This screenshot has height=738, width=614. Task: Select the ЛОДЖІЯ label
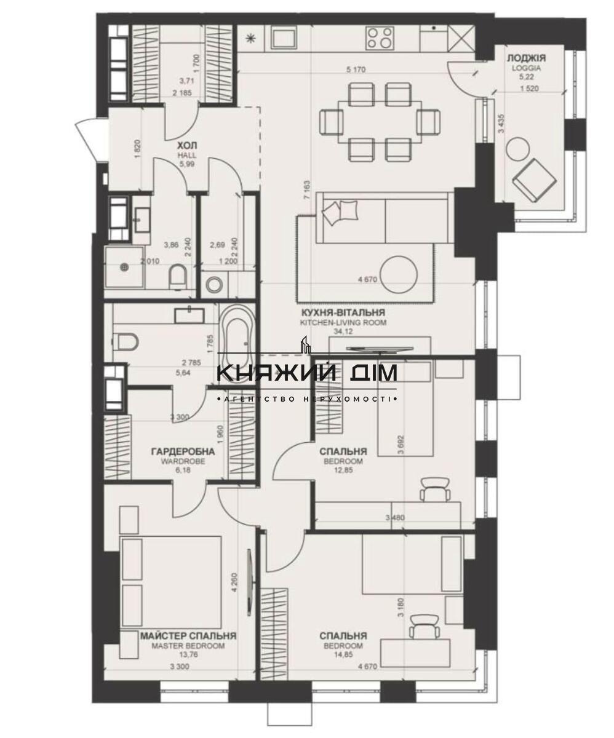[522, 58]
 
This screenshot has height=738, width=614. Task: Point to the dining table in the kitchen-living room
[380, 122]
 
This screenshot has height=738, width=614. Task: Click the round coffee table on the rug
[401, 275]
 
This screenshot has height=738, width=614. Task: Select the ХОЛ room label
[187, 146]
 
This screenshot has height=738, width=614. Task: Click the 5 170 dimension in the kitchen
[356, 70]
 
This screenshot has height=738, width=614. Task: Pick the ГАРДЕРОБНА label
[183, 451]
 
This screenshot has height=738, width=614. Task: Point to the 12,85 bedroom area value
[343, 470]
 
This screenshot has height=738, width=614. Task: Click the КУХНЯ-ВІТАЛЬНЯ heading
[343, 312]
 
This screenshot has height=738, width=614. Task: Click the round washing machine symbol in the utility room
[215, 284]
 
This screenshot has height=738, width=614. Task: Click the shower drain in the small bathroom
[124, 267]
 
